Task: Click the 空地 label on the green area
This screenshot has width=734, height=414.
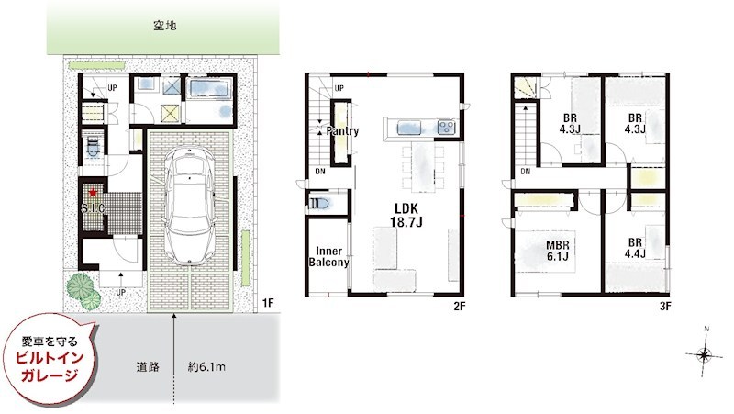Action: (x=165, y=26)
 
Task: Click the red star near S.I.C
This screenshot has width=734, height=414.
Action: (x=94, y=194)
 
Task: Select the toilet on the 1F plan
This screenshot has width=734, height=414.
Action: (x=93, y=147)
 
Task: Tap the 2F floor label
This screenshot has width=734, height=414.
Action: (x=459, y=305)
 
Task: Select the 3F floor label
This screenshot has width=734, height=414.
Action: (x=664, y=305)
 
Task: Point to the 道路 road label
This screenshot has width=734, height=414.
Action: (x=148, y=367)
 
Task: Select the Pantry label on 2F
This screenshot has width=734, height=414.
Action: (x=340, y=131)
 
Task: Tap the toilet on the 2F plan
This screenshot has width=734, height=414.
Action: (x=318, y=204)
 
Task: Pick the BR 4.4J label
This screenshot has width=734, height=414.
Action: (x=634, y=247)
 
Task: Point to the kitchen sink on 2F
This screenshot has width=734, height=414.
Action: (x=445, y=126)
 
